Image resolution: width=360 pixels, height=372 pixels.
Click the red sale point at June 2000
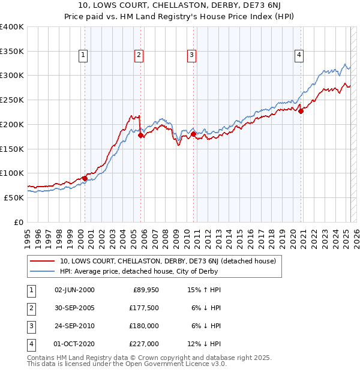(85, 178)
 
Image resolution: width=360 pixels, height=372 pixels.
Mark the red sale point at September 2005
(141, 136)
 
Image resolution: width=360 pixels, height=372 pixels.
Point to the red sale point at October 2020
(301, 111)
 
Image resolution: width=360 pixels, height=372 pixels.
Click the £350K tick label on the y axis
(12, 52)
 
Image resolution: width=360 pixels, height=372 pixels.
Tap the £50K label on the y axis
(14, 197)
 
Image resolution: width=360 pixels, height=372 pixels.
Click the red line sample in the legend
(43, 261)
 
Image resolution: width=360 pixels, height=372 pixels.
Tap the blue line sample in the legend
(43, 271)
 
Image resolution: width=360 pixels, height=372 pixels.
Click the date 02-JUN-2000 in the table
(74, 290)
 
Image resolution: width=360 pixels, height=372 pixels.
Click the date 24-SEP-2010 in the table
(74, 326)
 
